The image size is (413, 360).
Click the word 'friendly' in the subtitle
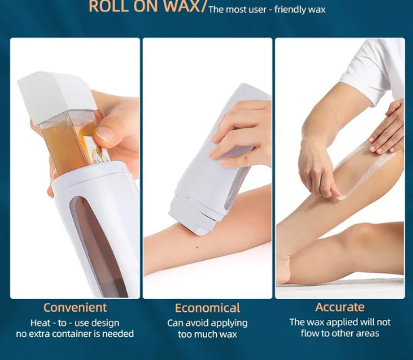tap(300, 10)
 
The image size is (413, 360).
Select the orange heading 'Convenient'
tap(75, 308)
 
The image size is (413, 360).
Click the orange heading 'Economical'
tap(207, 308)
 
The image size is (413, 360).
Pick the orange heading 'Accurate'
tap(340, 307)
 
